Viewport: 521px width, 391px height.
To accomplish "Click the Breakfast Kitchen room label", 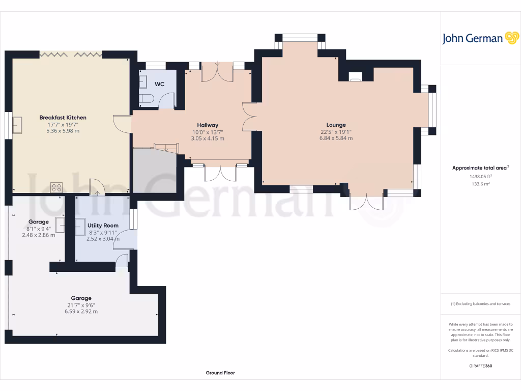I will point(63,118).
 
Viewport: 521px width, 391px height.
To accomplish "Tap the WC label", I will point(159,83).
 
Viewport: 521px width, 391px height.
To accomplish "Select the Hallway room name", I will point(208,125).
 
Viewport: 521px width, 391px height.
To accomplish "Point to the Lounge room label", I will point(336,125).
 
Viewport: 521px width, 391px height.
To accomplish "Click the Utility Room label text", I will point(103,225).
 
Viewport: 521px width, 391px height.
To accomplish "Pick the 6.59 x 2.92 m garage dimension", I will point(81,312).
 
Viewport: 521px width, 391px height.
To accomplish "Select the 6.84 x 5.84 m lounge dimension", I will point(336,138).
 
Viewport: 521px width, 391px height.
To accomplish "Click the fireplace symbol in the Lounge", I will point(356,77).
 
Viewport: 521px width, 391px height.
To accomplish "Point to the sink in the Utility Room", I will point(81,227).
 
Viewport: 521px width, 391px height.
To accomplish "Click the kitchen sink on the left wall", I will point(18,125).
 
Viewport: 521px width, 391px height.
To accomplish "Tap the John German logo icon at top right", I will point(511,38).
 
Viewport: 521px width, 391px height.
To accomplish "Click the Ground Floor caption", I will point(220,373).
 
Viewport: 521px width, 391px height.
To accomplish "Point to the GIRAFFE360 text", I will point(480,366).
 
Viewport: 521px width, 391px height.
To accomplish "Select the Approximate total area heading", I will point(480,167).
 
